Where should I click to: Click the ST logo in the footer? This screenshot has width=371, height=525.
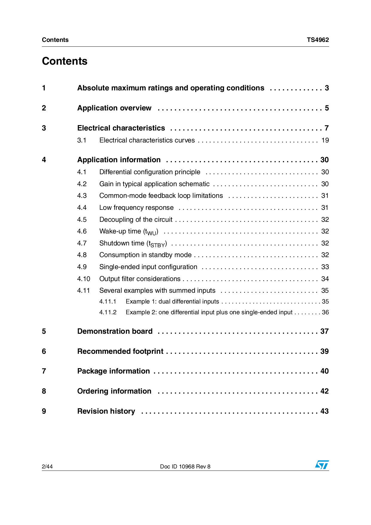point(322,465)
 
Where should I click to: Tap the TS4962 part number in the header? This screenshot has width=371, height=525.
point(317,40)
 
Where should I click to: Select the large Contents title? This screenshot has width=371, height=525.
point(65,61)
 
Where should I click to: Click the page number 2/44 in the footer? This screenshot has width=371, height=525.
point(47,466)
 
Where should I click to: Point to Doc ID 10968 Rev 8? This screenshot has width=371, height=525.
point(185,466)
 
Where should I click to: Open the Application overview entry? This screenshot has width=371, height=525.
point(114,108)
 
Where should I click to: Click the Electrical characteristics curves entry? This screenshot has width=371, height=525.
point(147,140)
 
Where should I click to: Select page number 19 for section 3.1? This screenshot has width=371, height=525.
point(325,140)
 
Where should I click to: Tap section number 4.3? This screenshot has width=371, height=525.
point(82,196)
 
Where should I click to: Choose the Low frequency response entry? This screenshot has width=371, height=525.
point(136,208)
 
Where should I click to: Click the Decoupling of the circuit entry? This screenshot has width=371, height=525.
point(136,220)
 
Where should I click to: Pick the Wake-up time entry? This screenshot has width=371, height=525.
point(129,232)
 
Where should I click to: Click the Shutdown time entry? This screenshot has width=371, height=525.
point(133,243)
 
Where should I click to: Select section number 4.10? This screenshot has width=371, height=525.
point(83,279)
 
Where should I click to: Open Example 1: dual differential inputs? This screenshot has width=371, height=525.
point(172,302)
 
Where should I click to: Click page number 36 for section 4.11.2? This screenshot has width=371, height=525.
point(325,312)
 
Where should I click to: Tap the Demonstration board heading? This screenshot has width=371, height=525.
point(115,331)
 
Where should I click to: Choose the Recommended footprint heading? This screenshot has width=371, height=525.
point(120,351)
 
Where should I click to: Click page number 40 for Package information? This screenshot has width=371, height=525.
point(324,371)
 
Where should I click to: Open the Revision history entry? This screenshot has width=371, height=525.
point(106,411)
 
